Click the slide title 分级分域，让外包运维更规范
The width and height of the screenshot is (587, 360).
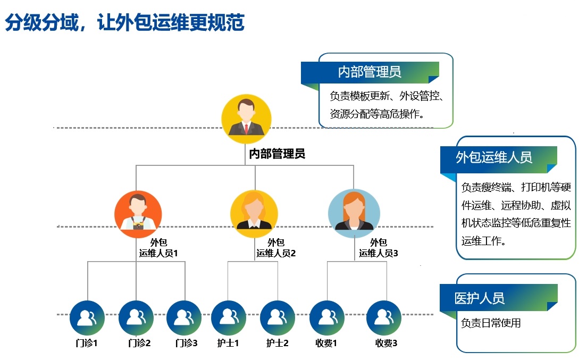click(124, 24)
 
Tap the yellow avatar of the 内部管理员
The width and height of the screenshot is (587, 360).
click(246, 119)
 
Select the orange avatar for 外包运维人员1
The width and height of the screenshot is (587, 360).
click(138, 214)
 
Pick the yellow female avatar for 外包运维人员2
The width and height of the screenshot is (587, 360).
click(254, 214)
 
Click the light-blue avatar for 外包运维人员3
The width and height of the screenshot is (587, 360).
click(354, 214)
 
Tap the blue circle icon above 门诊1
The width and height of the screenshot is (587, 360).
click(87, 317)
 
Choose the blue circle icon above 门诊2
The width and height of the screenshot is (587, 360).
click(136, 317)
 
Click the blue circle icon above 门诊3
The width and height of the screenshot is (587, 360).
click(184, 317)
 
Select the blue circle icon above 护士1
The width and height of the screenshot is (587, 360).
click(229, 317)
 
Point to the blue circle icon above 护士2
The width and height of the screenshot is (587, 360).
click(278, 317)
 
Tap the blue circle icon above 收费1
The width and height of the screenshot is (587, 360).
click(326, 317)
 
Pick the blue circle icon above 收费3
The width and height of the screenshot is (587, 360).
click(384, 317)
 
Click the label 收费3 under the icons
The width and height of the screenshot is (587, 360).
click(387, 344)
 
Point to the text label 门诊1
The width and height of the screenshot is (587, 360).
click(87, 344)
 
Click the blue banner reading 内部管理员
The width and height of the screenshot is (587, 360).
click(370, 72)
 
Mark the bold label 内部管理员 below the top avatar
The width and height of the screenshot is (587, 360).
click(277, 154)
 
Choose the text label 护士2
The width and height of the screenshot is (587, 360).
click(278, 344)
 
